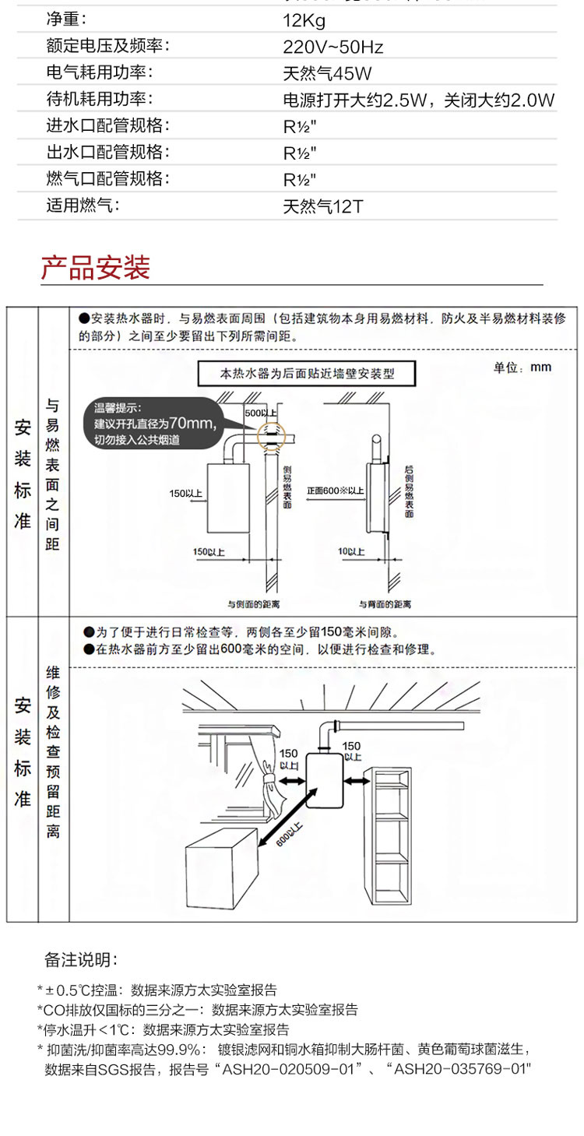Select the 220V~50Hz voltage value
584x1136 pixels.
(x=332, y=47)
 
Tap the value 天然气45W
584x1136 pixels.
(x=327, y=74)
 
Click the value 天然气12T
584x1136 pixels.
(x=323, y=207)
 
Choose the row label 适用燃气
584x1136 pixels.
(x=85, y=206)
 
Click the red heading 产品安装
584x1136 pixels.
(x=95, y=268)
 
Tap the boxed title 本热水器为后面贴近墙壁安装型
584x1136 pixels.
(x=308, y=373)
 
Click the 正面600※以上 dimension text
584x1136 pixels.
(x=335, y=491)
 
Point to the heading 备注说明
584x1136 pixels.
(x=81, y=958)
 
